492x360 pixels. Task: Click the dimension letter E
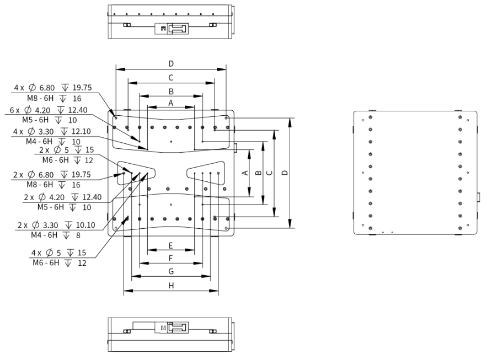tap(171, 245)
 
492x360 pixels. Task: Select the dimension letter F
tap(171, 257)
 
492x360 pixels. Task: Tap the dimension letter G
tap(171, 271)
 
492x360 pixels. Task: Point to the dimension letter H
tap(171, 286)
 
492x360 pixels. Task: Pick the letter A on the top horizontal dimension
tap(171, 103)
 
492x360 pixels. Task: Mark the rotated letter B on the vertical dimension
tap(257, 173)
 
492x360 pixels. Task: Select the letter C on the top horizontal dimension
tap(171, 78)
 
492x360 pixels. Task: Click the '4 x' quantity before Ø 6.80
tap(19, 88)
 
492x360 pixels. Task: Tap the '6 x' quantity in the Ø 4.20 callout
tap(15, 110)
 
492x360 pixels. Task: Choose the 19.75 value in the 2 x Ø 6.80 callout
tap(79, 175)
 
